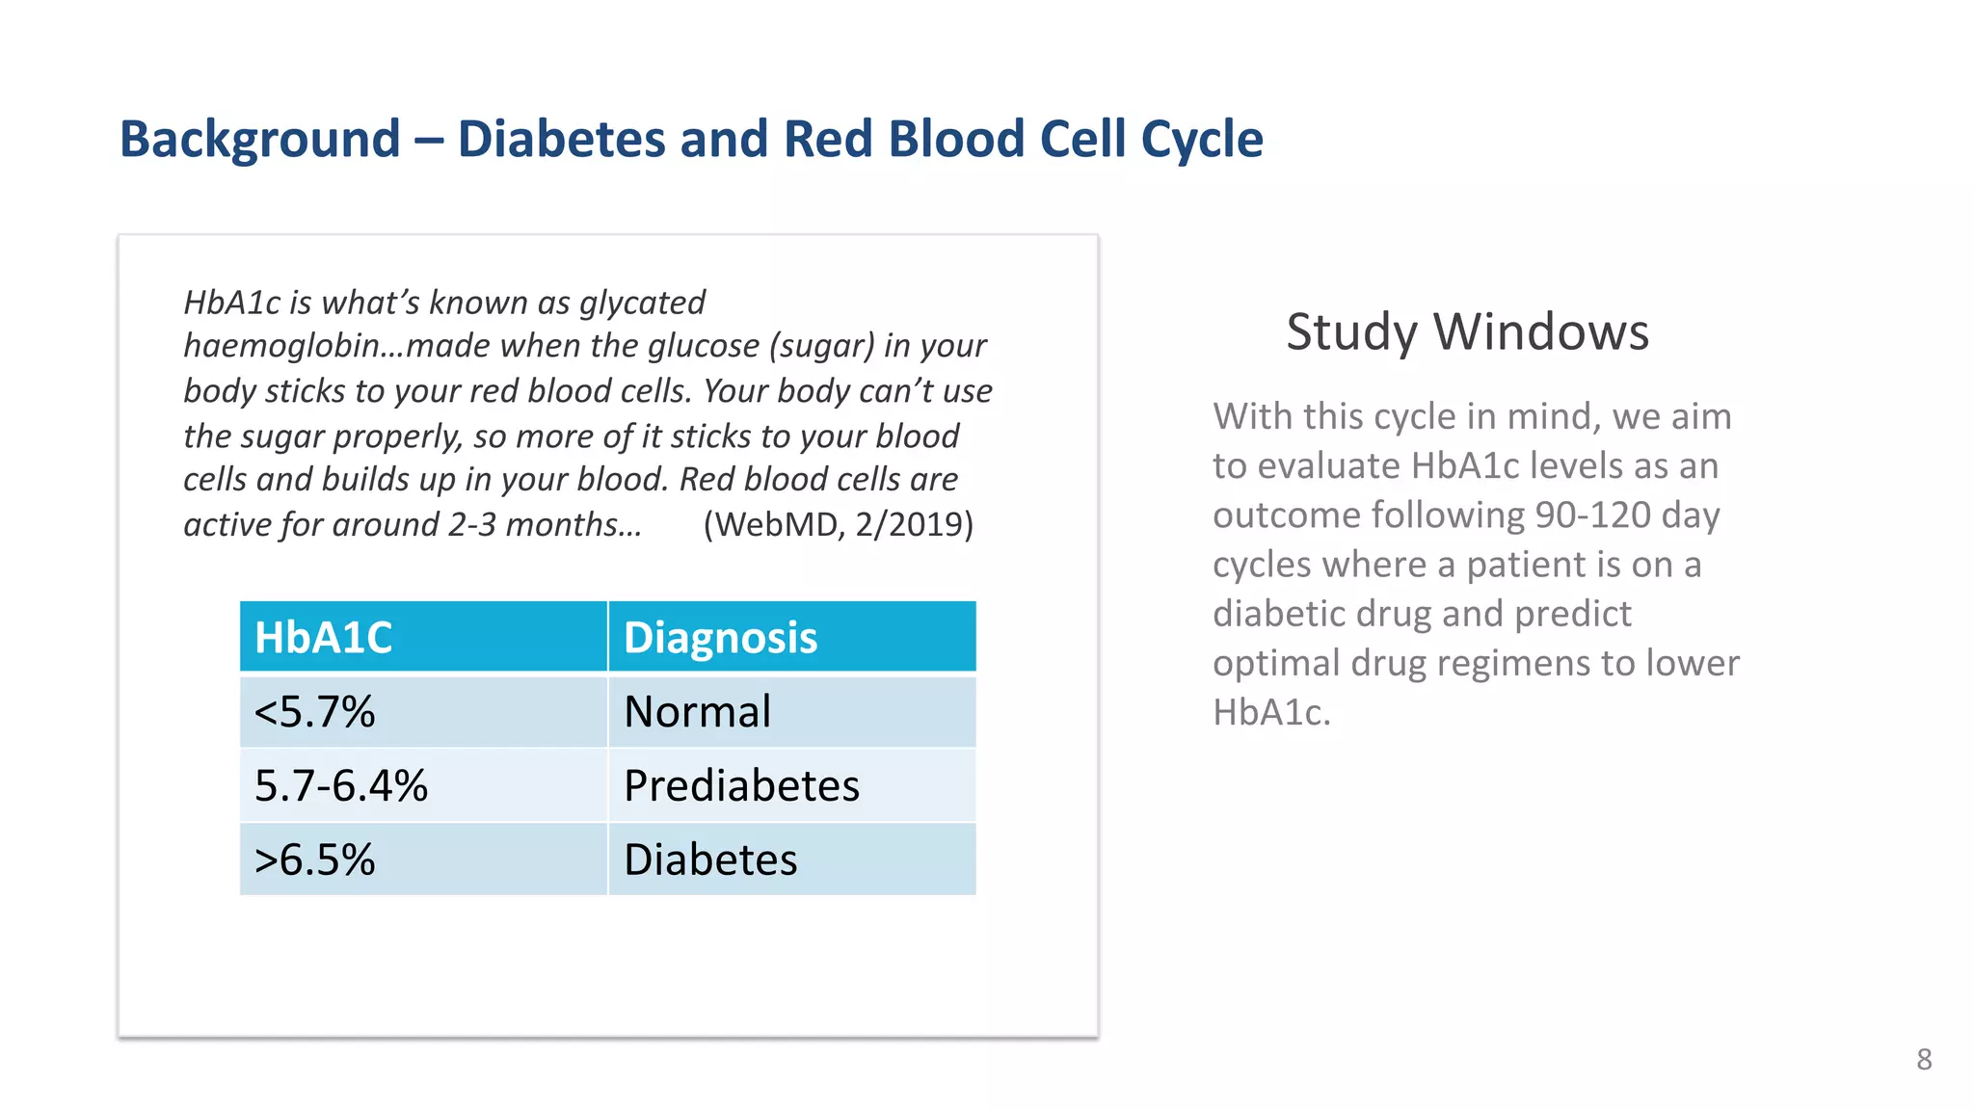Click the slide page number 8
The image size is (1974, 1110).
(x=1924, y=1059)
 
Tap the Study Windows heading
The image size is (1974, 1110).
(x=1467, y=331)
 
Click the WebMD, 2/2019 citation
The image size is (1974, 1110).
(x=838, y=524)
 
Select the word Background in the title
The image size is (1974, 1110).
(x=260, y=139)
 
